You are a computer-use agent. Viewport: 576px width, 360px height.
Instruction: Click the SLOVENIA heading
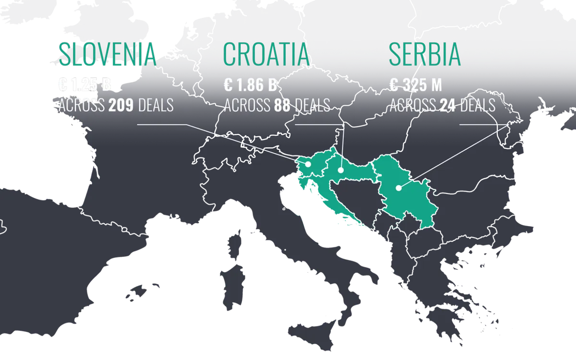pyautogui.click(x=107, y=55)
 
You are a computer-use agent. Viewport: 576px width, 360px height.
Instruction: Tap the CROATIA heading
pyautogui.click(x=266, y=55)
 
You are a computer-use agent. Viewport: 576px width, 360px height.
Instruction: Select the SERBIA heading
pyautogui.click(x=424, y=55)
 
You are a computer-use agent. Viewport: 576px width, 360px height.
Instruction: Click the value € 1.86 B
pyautogui.click(x=250, y=85)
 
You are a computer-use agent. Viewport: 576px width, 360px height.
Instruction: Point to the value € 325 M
pyautogui.click(x=415, y=85)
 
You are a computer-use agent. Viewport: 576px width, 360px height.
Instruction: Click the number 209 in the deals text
pyautogui.click(x=121, y=105)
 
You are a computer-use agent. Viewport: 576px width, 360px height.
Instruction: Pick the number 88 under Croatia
pyautogui.click(x=282, y=105)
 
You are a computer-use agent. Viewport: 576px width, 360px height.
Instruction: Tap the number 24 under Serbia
pyautogui.click(x=447, y=105)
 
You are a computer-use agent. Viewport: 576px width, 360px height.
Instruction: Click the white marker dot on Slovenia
pyautogui.click(x=308, y=164)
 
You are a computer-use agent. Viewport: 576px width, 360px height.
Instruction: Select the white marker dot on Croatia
pyautogui.click(x=340, y=169)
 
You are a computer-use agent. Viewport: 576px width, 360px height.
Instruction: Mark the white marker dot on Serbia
pyautogui.click(x=398, y=188)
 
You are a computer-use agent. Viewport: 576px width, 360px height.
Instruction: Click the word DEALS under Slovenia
pyautogui.click(x=156, y=105)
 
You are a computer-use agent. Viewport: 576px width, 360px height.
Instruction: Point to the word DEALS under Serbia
pyautogui.click(x=478, y=105)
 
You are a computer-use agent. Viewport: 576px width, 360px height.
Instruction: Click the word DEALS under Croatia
pyautogui.click(x=312, y=105)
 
